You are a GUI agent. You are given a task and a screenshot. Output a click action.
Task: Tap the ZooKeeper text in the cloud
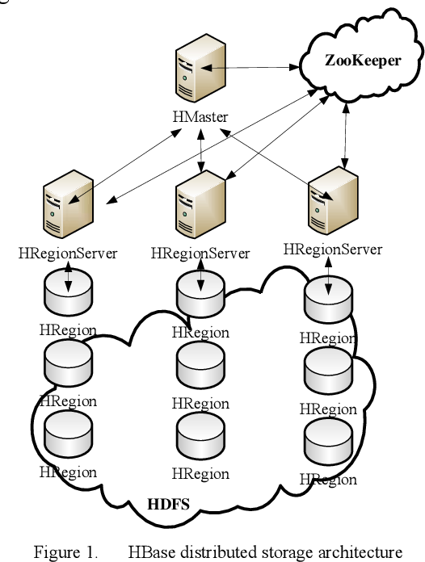[x=362, y=59]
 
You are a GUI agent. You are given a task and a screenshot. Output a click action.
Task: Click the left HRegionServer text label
[x=67, y=253]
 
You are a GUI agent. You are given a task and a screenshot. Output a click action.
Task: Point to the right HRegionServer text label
[x=332, y=248]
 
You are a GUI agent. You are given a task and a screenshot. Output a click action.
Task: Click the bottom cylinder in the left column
[x=68, y=434]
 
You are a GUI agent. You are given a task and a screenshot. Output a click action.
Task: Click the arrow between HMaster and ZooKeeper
[x=250, y=69]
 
